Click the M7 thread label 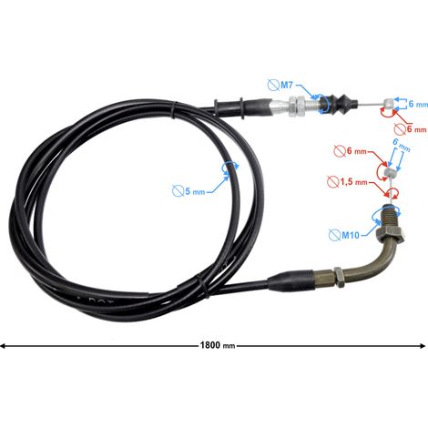click(287, 85)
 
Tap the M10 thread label click(351, 235)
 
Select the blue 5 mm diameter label click(195, 191)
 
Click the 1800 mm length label click(218, 345)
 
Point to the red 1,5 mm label click(353, 182)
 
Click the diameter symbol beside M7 click(273, 85)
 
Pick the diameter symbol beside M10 click(335, 235)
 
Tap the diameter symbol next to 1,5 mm click(333, 182)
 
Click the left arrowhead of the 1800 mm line click(3, 346)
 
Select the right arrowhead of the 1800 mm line click(423, 346)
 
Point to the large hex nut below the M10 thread click(390, 234)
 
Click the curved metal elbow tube click(377, 260)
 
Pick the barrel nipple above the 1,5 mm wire click(390, 173)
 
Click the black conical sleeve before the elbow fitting click(290, 280)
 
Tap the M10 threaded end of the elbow click(391, 216)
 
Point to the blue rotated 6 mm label click(401, 145)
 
